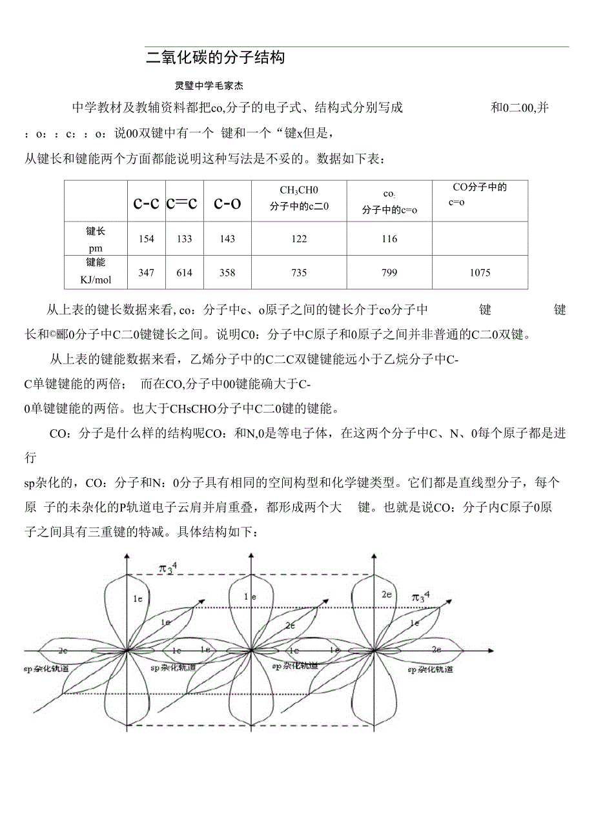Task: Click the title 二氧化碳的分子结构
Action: [215, 58]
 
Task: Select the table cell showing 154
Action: [147, 239]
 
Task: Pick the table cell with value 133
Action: [185, 239]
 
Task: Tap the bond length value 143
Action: [227, 239]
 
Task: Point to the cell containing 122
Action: [299, 239]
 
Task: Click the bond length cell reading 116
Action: [389, 239]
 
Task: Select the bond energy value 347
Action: [147, 272]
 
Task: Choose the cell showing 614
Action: [185, 272]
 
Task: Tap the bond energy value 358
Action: [227, 272]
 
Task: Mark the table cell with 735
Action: [299, 272]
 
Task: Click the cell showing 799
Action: [389, 272]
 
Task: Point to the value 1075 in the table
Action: [480, 272]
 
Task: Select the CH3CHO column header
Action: [299, 190]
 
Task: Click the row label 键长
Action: [96, 230]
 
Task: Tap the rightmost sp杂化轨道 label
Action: [430, 670]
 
